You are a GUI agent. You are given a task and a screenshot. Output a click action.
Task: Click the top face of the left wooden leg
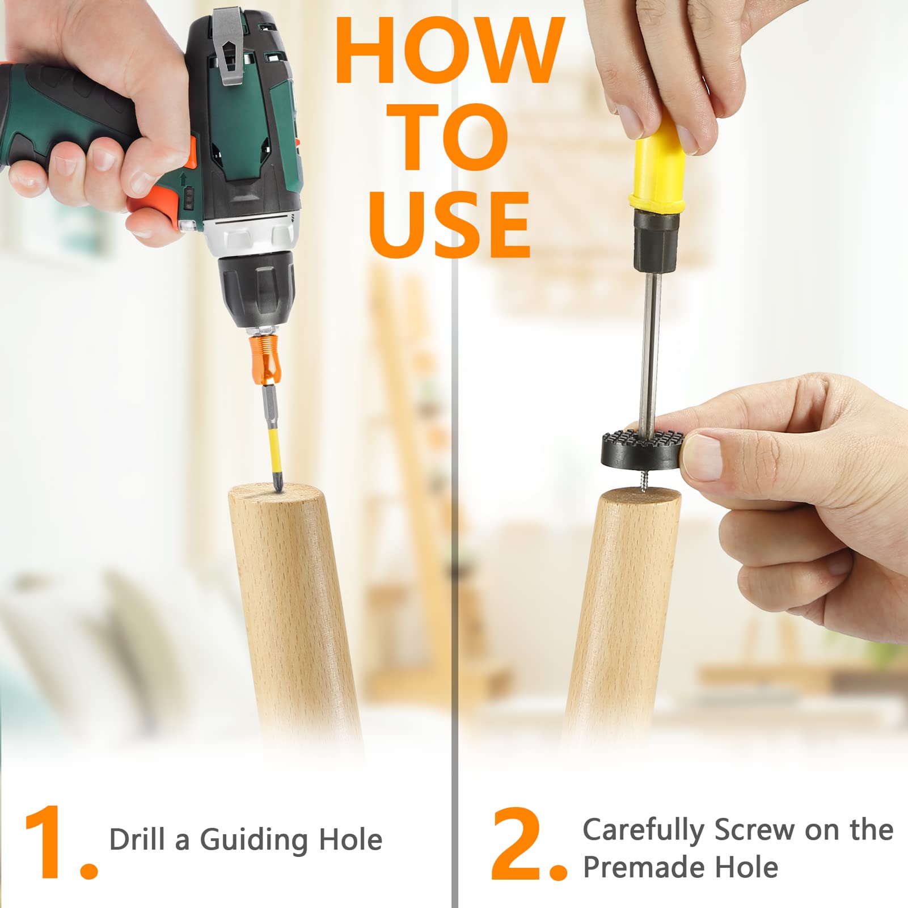pos(274,493)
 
